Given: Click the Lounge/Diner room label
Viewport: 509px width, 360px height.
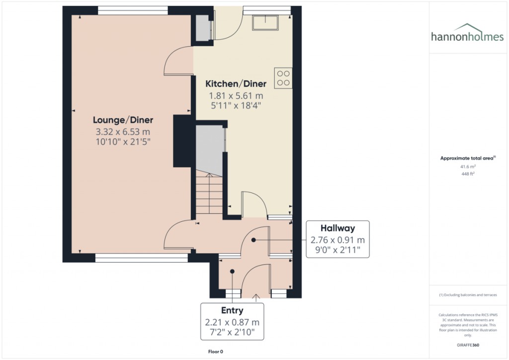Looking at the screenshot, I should pyautogui.click(x=123, y=120).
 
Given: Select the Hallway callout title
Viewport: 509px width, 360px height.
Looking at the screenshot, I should pyautogui.click(x=338, y=229).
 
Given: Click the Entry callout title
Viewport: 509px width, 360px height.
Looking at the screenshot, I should pyautogui.click(x=232, y=311).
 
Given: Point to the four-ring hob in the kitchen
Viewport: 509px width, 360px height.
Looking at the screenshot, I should pyautogui.click(x=283, y=78).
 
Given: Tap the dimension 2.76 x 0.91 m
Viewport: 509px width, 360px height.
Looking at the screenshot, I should pyautogui.click(x=338, y=241).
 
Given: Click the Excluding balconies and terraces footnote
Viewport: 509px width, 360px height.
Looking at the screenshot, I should pyautogui.click(x=468, y=295).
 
